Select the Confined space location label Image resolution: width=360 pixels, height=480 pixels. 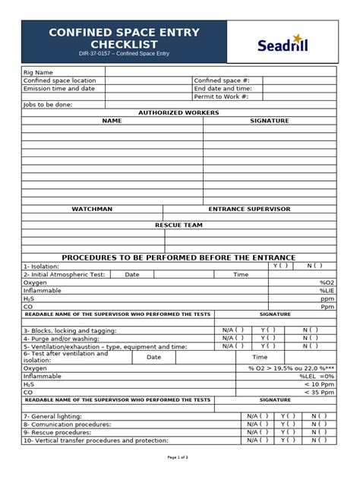pyautogui.click(x=59, y=80)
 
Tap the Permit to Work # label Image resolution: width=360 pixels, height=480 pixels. pyautogui.click(x=221, y=96)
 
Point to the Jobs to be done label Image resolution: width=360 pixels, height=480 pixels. pyautogui.click(x=48, y=105)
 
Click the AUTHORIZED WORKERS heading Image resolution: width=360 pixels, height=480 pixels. pyautogui.click(x=178, y=112)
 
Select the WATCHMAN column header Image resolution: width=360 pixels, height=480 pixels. pyautogui.click(x=92, y=208)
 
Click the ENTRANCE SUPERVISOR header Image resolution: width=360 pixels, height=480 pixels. pyautogui.click(x=249, y=208)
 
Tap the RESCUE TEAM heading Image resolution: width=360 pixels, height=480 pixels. pyautogui.click(x=178, y=225)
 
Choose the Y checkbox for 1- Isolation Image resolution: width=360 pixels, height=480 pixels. pyautogui.click(x=280, y=266)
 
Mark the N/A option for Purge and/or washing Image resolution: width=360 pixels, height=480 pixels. pyautogui.click(x=233, y=338)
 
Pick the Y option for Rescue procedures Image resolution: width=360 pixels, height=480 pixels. pyautogui.click(x=286, y=432)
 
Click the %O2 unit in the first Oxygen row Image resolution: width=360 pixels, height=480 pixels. pyautogui.click(x=327, y=282)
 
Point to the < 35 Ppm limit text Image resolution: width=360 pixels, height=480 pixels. pyautogui.click(x=318, y=393)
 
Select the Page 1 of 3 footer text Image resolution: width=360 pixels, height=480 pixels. pyautogui.click(x=178, y=457)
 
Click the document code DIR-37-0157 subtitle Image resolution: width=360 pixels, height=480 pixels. pyautogui.click(x=124, y=55)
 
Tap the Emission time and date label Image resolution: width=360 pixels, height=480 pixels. pyautogui.click(x=58, y=88)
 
